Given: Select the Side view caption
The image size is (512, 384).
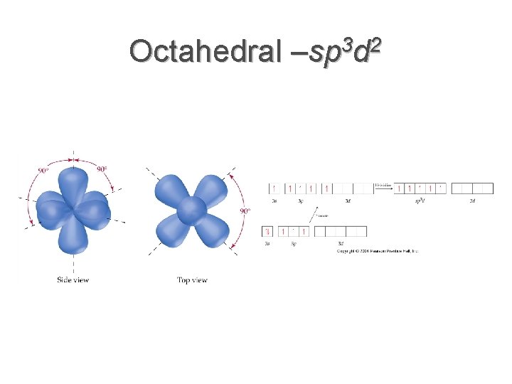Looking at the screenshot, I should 73,280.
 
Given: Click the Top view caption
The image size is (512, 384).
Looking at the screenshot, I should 192,280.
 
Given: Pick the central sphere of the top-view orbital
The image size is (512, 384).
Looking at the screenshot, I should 191,210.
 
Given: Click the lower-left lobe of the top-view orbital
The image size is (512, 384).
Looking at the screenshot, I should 171,231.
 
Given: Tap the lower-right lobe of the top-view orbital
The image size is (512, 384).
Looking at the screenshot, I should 213,231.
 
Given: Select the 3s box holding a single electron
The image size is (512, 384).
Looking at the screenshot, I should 274,188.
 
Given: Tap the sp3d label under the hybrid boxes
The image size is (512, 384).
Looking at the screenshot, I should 420,201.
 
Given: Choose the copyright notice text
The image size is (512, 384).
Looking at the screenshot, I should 378,251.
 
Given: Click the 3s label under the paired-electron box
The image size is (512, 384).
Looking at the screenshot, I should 267,244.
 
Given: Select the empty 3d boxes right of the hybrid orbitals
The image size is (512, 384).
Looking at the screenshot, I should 472,188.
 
